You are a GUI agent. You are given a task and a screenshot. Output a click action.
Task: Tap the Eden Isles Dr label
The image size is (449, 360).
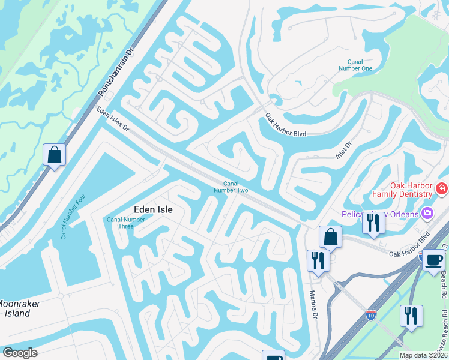click(x=113, y=119)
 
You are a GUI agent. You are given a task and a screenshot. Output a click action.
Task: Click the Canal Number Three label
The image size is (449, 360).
click(x=126, y=224)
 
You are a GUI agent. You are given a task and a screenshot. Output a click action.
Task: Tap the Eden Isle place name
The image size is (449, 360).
click(x=152, y=209)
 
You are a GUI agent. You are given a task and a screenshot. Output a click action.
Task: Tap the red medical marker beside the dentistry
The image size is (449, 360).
click(x=442, y=189)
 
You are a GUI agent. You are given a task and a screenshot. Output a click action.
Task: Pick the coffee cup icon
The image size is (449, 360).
click(x=434, y=260)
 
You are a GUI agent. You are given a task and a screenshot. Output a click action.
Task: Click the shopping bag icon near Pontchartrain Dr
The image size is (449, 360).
click(x=55, y=155)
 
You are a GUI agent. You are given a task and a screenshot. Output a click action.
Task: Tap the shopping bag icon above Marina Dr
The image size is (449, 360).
click(x=330, y=236)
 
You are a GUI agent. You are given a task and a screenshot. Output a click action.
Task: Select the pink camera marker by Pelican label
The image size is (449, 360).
click(x=427, y=213)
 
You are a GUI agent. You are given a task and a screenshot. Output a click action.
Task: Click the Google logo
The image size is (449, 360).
click(x=20, y=353)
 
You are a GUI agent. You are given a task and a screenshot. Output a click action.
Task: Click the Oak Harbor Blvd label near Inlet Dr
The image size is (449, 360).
click(x=286, y=127)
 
